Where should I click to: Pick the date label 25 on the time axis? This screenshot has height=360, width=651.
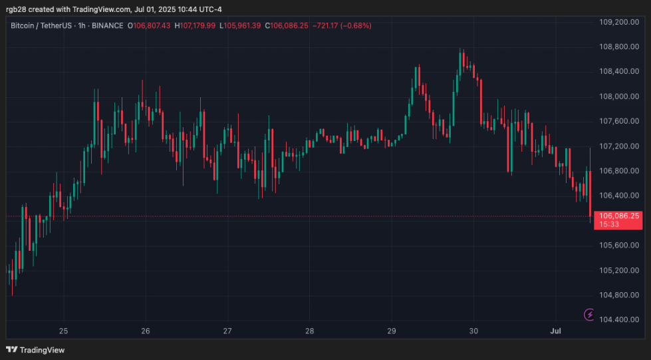click(x=64, y=331)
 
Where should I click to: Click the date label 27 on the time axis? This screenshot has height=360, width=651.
click(x=227, y=331)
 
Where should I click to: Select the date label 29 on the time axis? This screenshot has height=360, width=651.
click(x=392, y=331)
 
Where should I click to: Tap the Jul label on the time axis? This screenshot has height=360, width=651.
click(x=555, y=331)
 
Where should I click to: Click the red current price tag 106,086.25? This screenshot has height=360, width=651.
click(x=619, y=216)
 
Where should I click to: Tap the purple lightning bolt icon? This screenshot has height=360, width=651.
click(x=589, y=315)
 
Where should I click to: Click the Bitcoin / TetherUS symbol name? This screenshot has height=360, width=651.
click(x=41, y=26)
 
